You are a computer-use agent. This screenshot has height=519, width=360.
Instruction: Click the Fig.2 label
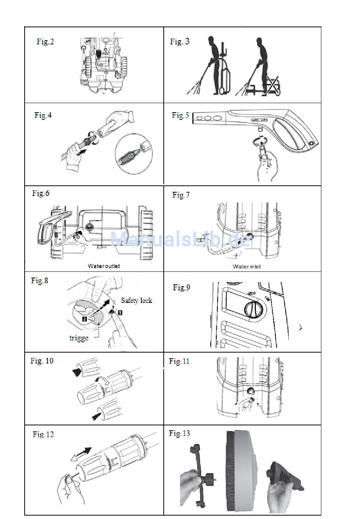pos(45,42)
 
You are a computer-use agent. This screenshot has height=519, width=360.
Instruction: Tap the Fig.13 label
pos(179,433)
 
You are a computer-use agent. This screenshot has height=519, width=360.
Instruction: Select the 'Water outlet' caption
pos(104,266)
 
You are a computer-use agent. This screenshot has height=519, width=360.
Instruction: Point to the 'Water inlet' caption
pos(246,267)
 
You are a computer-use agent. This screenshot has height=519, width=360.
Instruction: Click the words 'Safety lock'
pos(137,301)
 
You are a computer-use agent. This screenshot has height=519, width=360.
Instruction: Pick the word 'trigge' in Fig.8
pos(79,338)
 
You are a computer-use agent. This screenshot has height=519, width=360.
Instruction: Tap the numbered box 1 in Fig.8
pos(120,312)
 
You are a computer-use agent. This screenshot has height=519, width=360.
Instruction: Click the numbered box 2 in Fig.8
pos(85,319)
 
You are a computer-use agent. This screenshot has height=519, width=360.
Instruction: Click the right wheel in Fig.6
pos(146,234)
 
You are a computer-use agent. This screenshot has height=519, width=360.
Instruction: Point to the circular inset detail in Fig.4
pos(134,154)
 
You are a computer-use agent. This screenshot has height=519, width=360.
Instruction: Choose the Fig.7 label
pos(181,195)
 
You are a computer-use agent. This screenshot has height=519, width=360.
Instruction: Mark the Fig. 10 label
pos(42,361)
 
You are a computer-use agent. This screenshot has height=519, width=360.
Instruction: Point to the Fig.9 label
pos(182,287)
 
